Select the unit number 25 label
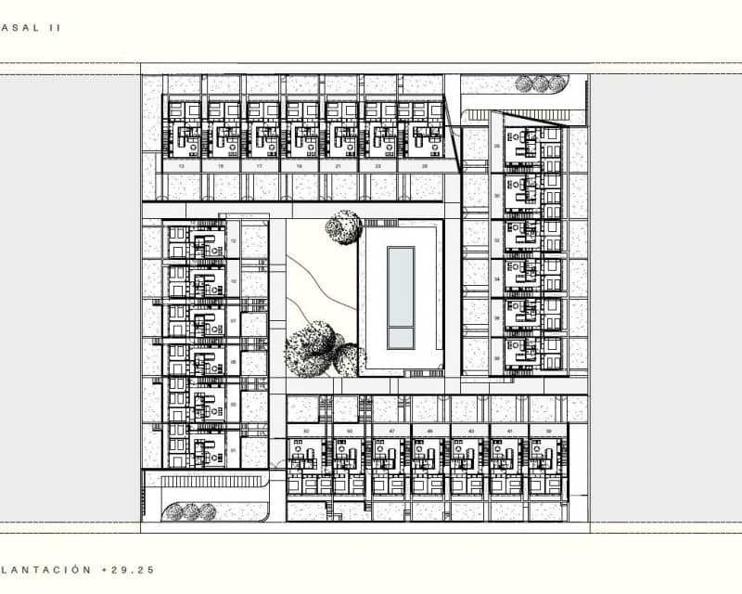point(424,165)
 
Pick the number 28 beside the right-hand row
point(498,146)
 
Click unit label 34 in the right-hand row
point(498,278)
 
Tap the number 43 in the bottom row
point(470,432)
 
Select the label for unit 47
point(390,432)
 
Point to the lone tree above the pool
point(343,227)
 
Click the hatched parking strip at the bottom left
point(204,481)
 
